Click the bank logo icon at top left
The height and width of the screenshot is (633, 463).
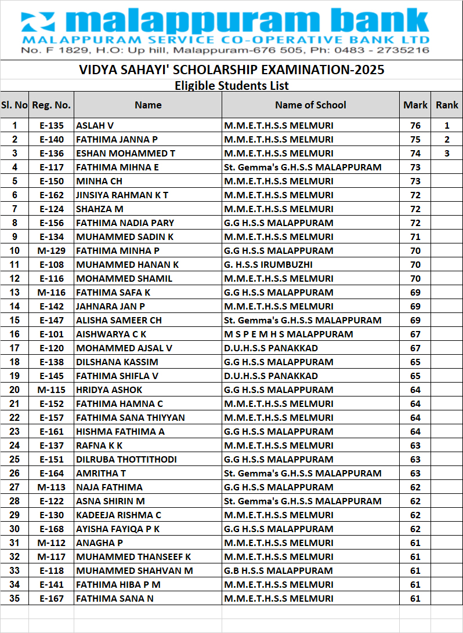pyautogui.click(x=38, y=23)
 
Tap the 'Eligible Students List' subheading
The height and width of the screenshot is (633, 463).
pyautogui.click(x=231, y=86)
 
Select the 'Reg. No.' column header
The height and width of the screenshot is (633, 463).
pyautogui.click(x=51, y=105)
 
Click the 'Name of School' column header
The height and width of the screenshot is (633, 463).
pyautogui.click(x=310, y=105)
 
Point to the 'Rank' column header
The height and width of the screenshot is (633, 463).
pyautogui.click(x=447, y=105)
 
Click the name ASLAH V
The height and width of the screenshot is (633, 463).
pyautogui.click(x=95, y=125)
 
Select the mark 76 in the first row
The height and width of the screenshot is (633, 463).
pyautogui.click(x=415, y=125)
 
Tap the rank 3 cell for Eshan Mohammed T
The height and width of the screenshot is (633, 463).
pyautogui.click(x=447, y=153)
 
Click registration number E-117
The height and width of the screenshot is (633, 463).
pyautogui.click(x=51, y=167)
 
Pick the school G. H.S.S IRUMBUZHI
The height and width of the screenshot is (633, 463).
pyautogui.click(x=268, y=264)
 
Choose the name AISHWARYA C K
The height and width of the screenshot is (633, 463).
pyautogui.click(x=111, y=334)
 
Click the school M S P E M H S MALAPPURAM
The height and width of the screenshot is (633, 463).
pyautogui.click(x=288, y=334)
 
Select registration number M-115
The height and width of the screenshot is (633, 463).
pyautogui.click(x=51, y=390)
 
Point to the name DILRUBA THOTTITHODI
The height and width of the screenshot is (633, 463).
pyautogui.click(x=126, y=459)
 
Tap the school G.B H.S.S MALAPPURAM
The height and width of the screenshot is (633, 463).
pyautogui.click(x=278, y=570)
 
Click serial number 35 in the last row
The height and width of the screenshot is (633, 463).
pyautogui.click(x=15, y=598)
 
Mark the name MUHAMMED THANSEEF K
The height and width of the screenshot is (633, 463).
pyautogui.click(x=133, y=556)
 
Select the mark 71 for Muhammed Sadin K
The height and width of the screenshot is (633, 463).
pyautogui.click(x=415, y=237)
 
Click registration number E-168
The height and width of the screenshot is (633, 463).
pyautogui.click(x=51, y=529)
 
